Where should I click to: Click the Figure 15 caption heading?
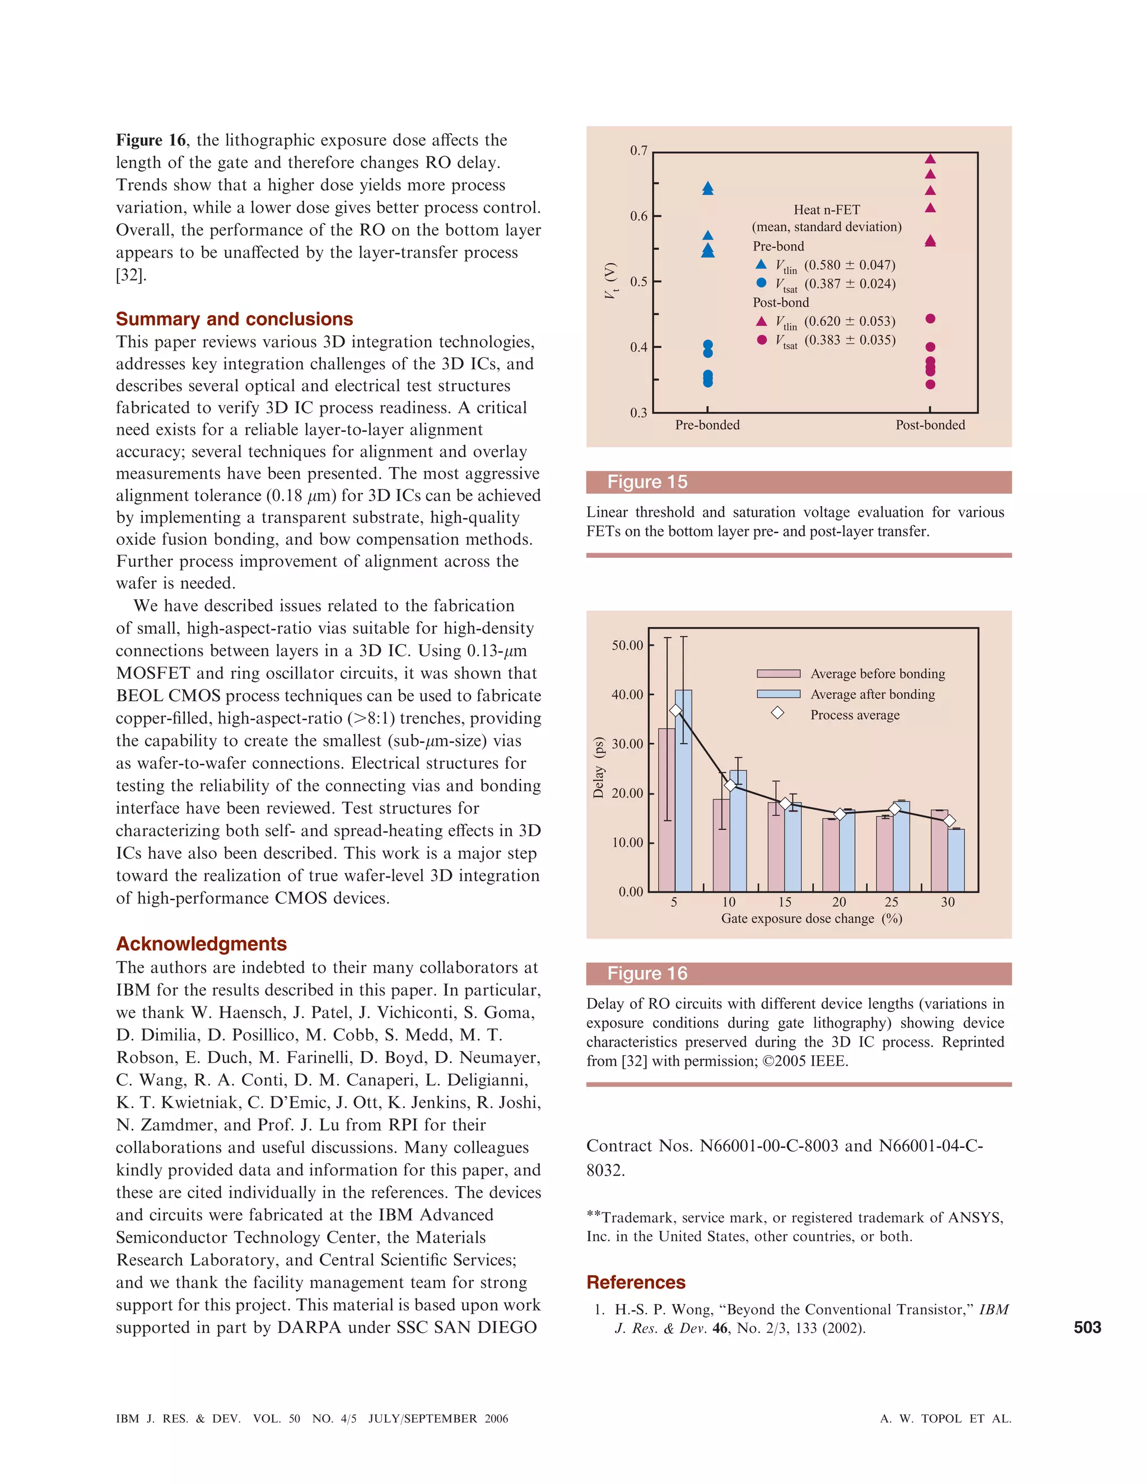coord(647,482)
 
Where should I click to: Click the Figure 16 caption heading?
coord(647,973)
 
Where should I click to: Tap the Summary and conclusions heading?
coord(235,319)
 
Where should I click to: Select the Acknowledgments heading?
coord(201,944)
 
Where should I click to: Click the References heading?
coord(636,1282)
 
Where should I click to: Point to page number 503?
coord(1087,1328)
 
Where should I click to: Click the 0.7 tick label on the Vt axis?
coord(638,150)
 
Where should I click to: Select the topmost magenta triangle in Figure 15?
coord(931,159)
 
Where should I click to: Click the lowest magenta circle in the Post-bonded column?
coord(931,385)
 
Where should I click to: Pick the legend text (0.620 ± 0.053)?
coord(850,321)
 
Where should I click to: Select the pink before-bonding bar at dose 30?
coord(940,851)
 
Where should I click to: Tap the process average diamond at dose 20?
coord(840,814)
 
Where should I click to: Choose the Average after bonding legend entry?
coord(873,694)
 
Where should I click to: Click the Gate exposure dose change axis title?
coord(812,918)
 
